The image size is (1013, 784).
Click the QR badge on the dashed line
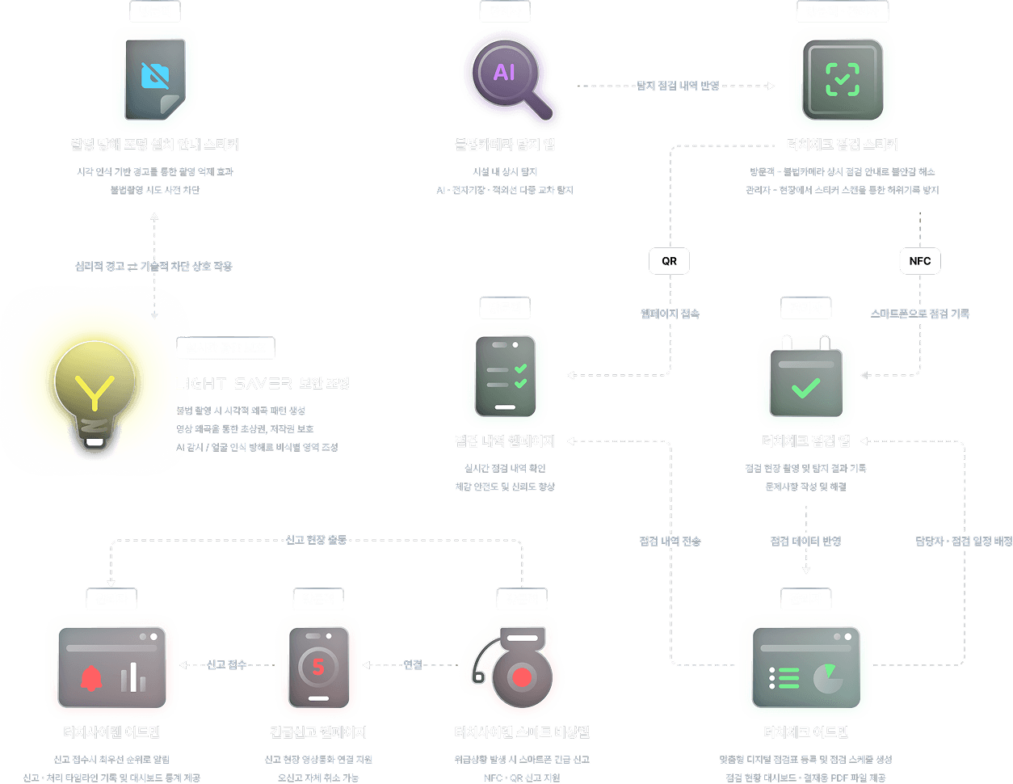pyautogui.click(x=669, y=261)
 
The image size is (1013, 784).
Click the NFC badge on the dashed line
pyautogui.click(x=919, y=261)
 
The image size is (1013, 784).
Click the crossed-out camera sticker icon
pyautogui.click(x=155, y=78)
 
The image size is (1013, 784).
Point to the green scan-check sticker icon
pyautogui.click(x=842, y=79)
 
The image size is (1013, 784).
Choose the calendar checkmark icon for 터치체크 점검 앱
pyautogui.click(x=805, y=378)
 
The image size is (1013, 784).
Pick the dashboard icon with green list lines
pyautogui.click(x=805, y=668)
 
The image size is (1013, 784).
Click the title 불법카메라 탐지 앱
pyautogui.click(x=505, y=145)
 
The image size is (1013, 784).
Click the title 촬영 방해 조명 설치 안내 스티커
pyautogui.click(x=155, y=145)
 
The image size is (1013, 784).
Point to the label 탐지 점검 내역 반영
pyautogui.click(x=678, y=86)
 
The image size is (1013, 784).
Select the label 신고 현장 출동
pyautogui.click(x=316, y=540)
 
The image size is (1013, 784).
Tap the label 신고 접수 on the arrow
pyautogui.click(x=226, y=664)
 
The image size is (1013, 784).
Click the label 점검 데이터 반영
pyautogui.click(x=805, y=541)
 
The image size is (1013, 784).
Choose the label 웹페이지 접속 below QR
pyautogui.click(x=670, y=314)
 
